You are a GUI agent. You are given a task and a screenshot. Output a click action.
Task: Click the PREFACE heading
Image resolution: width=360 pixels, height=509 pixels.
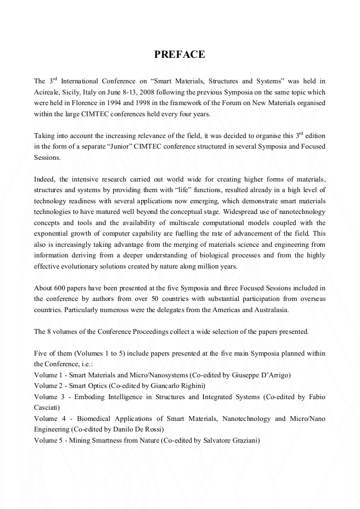[179, 55]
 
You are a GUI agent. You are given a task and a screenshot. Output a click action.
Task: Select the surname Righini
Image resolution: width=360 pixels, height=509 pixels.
[191, 385]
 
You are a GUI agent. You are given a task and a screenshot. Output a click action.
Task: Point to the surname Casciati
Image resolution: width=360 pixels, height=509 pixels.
[47, 407]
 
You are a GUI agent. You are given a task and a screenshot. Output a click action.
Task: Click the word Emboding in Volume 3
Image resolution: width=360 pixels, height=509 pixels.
[90, 396]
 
